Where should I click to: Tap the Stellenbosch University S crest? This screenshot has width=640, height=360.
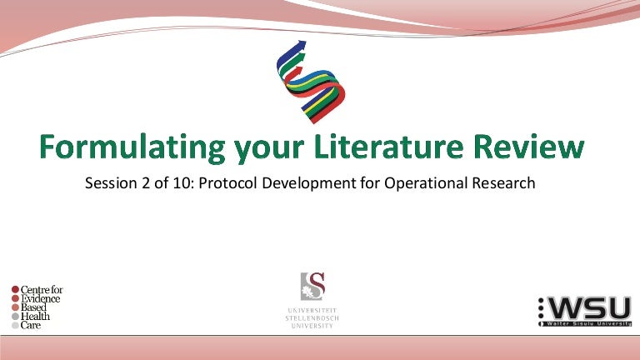(312, 286)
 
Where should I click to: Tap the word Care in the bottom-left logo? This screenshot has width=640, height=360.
(31, 325)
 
